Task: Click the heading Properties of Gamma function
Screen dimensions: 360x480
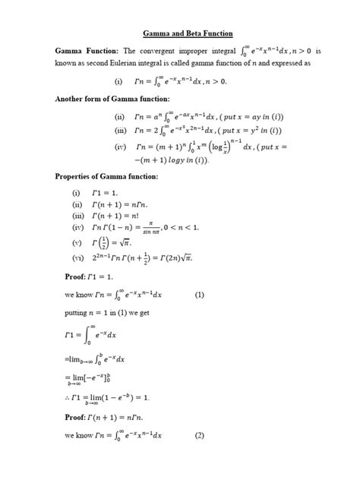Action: (106, 176)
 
